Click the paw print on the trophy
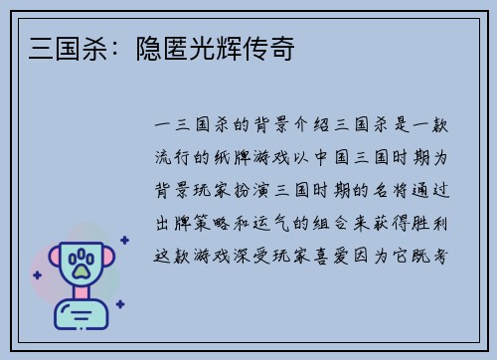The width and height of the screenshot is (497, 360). tap(82, 264)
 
